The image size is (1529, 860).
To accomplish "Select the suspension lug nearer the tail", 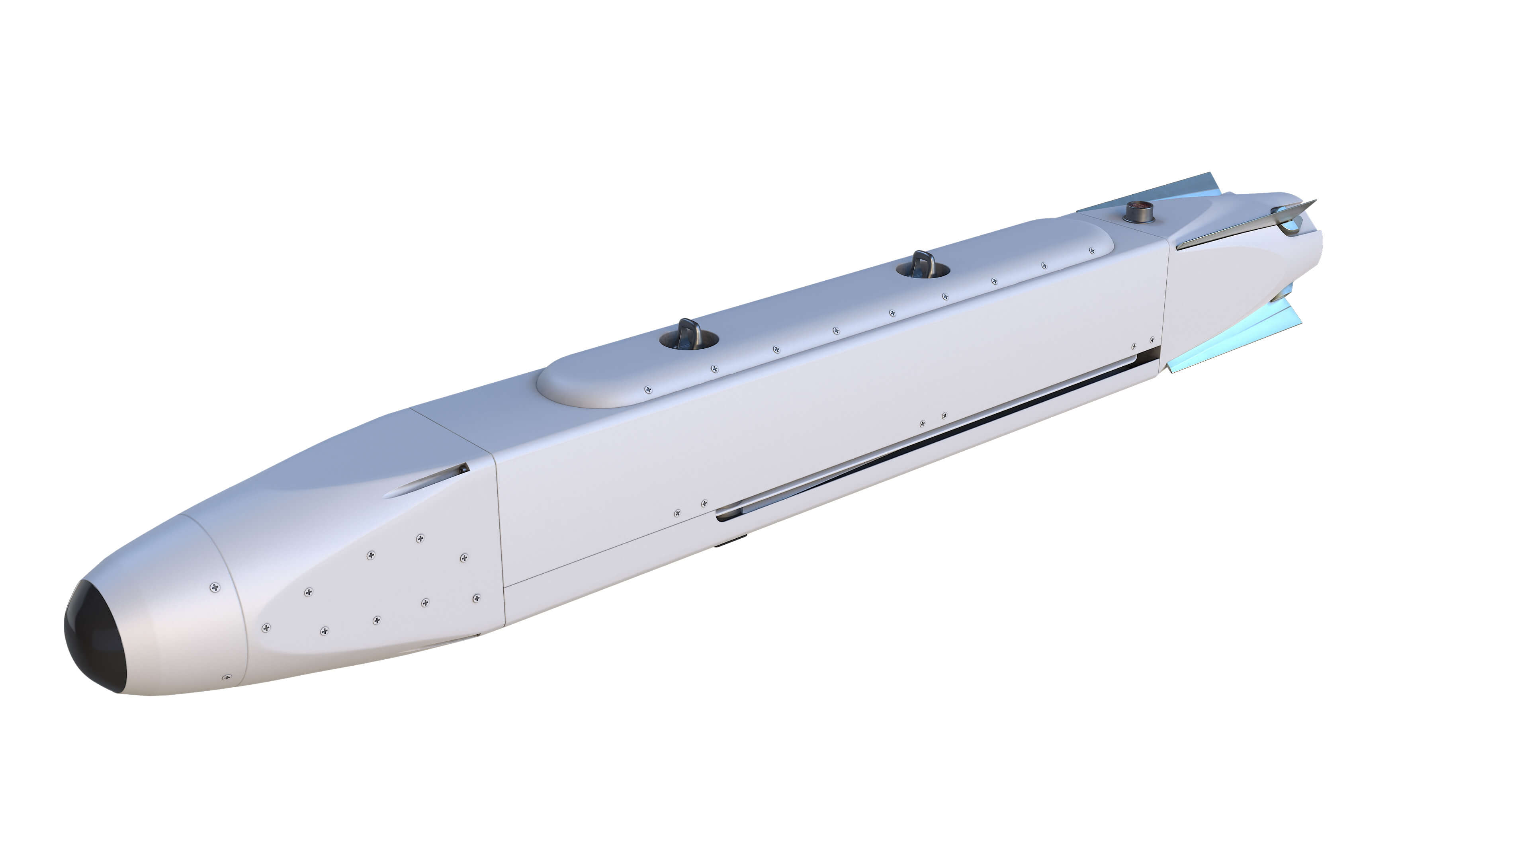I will click(922, 265).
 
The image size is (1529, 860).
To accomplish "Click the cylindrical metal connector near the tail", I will click(1138, 212).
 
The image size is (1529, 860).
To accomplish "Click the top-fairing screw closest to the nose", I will click(647, 389).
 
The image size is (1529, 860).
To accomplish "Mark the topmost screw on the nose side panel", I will click(420, 538).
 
